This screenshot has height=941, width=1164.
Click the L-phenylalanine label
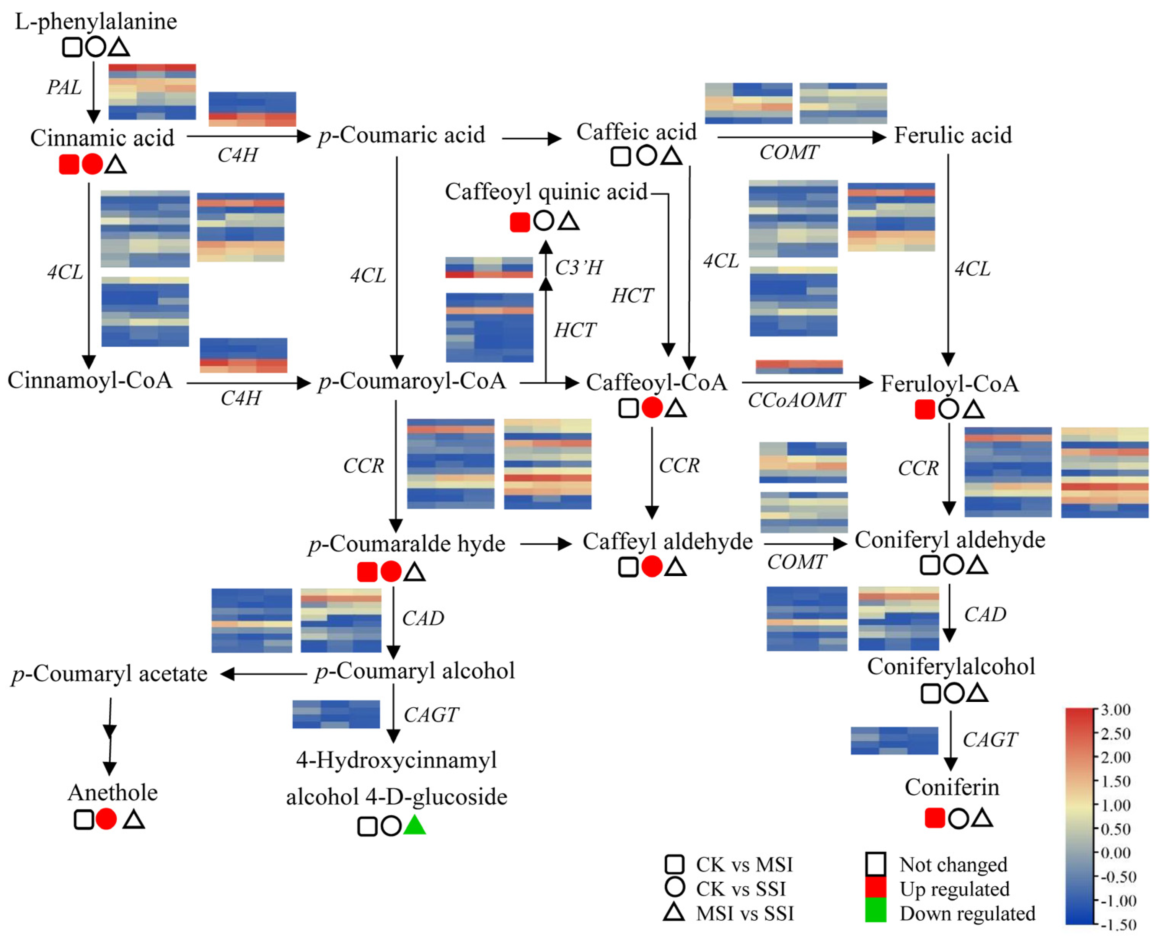[x=96, y=22]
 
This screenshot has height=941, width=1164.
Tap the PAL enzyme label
[x=64, y=87]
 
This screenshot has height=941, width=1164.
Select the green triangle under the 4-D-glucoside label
[x=415, y=825]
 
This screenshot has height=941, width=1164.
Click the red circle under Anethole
[x=106, y=819]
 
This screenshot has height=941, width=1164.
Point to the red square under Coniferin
[x=935, y=818]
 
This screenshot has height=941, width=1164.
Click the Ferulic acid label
[x=952, y=135]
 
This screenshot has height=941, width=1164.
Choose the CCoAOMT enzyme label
[x=796, y=400]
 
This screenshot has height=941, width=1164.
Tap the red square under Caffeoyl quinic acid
[x=519, y=222]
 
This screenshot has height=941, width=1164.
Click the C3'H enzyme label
[x=579, y=268]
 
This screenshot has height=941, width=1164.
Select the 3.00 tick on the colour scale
[x=1115, y=710]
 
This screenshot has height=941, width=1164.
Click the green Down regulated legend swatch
[x=875, y=913]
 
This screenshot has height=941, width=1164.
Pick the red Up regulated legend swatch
[x=875, y=889]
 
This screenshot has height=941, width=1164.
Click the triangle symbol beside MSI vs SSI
[x=674, y=912]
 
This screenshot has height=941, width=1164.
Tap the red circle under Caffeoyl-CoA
[x=652, y=408]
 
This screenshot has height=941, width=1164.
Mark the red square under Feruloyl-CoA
[x=924, y=410]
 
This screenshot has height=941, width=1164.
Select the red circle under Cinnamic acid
[x=92, y=164]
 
